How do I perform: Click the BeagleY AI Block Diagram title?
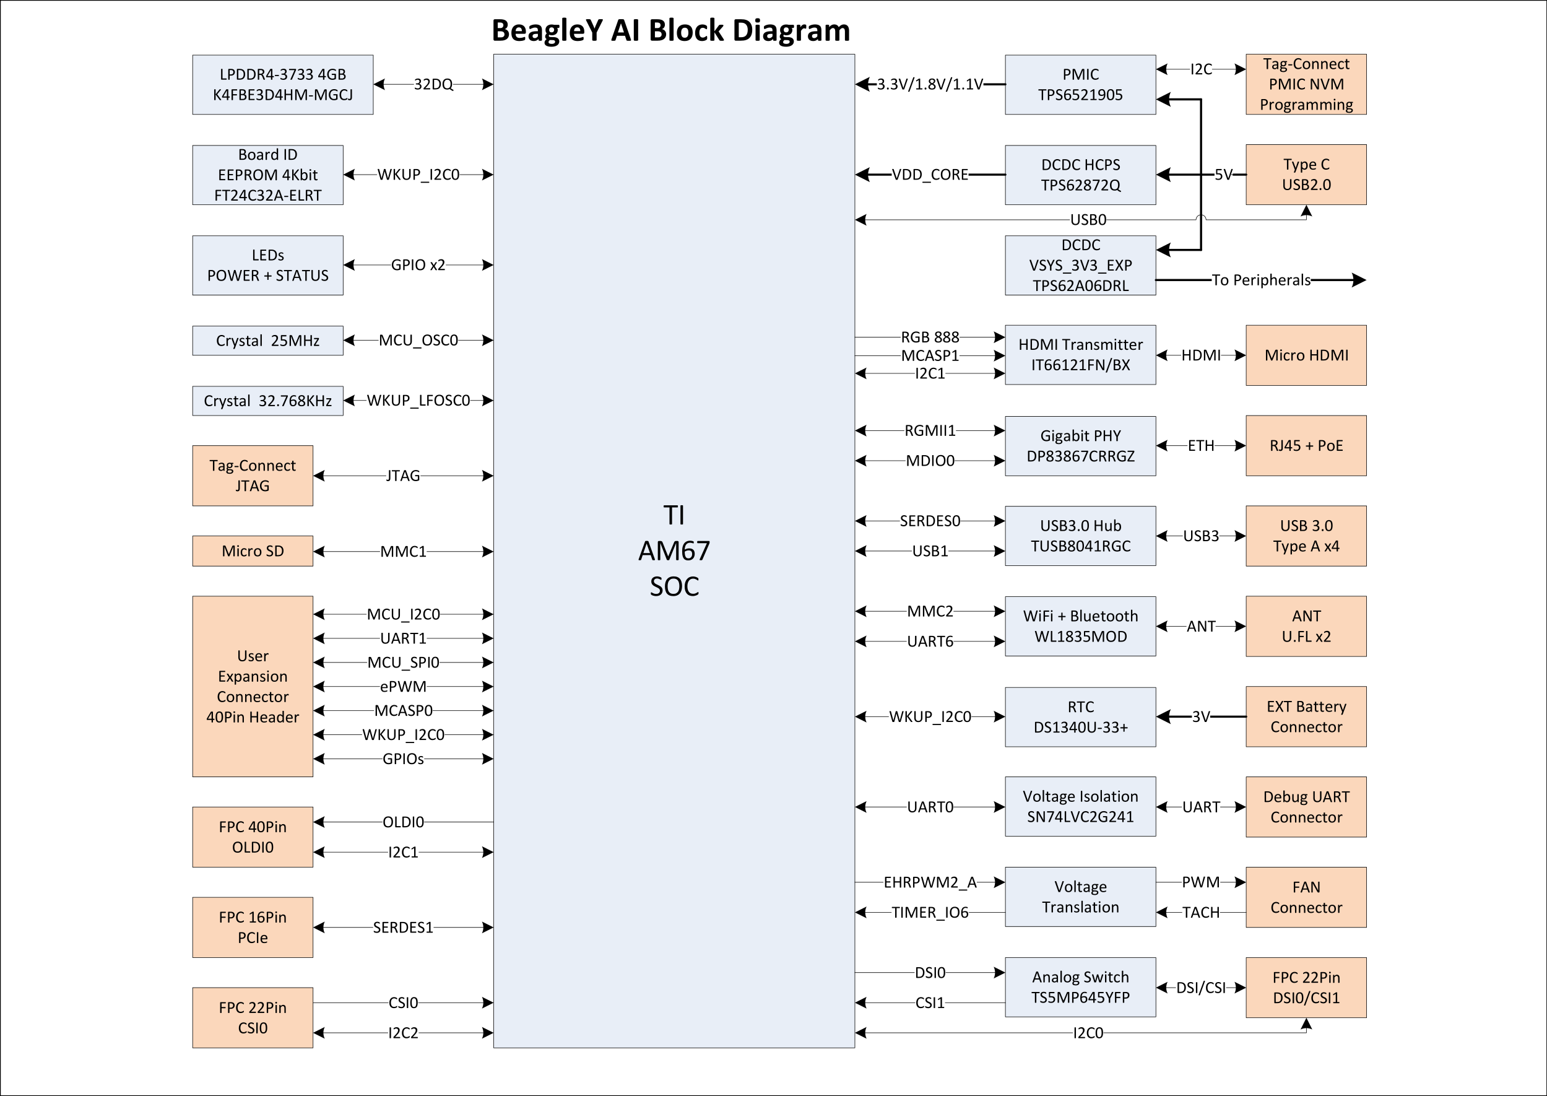click(670, 30)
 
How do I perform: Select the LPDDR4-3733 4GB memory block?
click(283, 84)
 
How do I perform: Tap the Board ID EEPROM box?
click(268, 175)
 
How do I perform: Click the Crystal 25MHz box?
click(268, 340)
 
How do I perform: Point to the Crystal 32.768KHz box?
click(268, 401)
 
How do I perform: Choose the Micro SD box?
click(253, 550)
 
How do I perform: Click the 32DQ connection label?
click(433, 84)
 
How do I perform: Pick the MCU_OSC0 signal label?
click(418, 340)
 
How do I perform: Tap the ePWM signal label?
click(403, 686)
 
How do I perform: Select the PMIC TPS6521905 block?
click(1080, 84)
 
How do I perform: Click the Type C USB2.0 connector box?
click(1306, 174)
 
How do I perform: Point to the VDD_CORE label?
click(930, 175)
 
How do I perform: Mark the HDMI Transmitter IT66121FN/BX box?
click(1080, 355)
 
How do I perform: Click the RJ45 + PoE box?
click(1306, 445)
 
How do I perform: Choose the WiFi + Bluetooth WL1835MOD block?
click(1080, 626)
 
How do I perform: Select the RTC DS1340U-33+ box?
click(1080, 716)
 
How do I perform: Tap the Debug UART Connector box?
click(1306, 807)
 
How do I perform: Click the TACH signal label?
click(1201, 913)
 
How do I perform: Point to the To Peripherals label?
click(1261, 280)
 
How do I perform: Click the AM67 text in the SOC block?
click(674, 550)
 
